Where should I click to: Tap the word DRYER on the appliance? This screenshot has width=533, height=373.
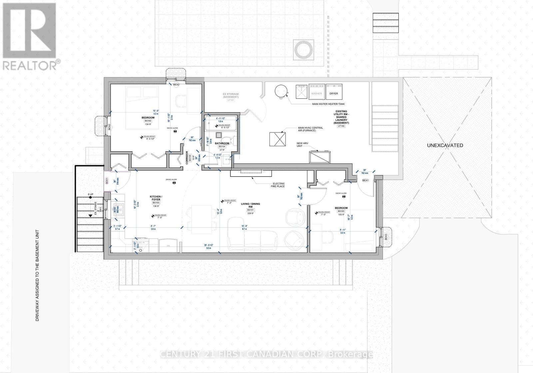pos(334,93)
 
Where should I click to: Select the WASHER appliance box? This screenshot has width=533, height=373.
pos(316,92)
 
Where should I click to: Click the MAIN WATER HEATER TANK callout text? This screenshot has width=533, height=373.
pos(328,104)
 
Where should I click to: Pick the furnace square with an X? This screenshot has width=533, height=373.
pos(277,139)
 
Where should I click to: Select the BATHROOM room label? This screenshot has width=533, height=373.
pos(222,143)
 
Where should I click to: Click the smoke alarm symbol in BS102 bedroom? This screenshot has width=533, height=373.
pos(175,131)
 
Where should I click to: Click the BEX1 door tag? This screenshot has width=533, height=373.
pos(365,180)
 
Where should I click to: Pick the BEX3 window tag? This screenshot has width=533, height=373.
pos(386,238)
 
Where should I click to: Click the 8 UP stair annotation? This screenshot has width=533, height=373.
pos(90,194)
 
